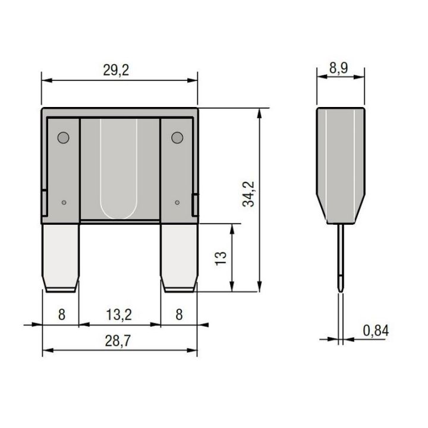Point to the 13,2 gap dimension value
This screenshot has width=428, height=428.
click(x=119, y=314)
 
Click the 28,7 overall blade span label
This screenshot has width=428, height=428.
click(x=119, y=342)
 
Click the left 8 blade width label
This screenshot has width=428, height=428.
click(x=62, y=314)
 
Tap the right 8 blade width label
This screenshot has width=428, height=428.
click(x=178, y=314)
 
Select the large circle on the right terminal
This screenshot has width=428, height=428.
click(x=177, y=139)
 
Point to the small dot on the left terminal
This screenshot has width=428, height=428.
click(x=63, y=203)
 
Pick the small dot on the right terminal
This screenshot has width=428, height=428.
click(x=177, y=203)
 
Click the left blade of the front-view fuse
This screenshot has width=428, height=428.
click(x=62, y=256)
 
